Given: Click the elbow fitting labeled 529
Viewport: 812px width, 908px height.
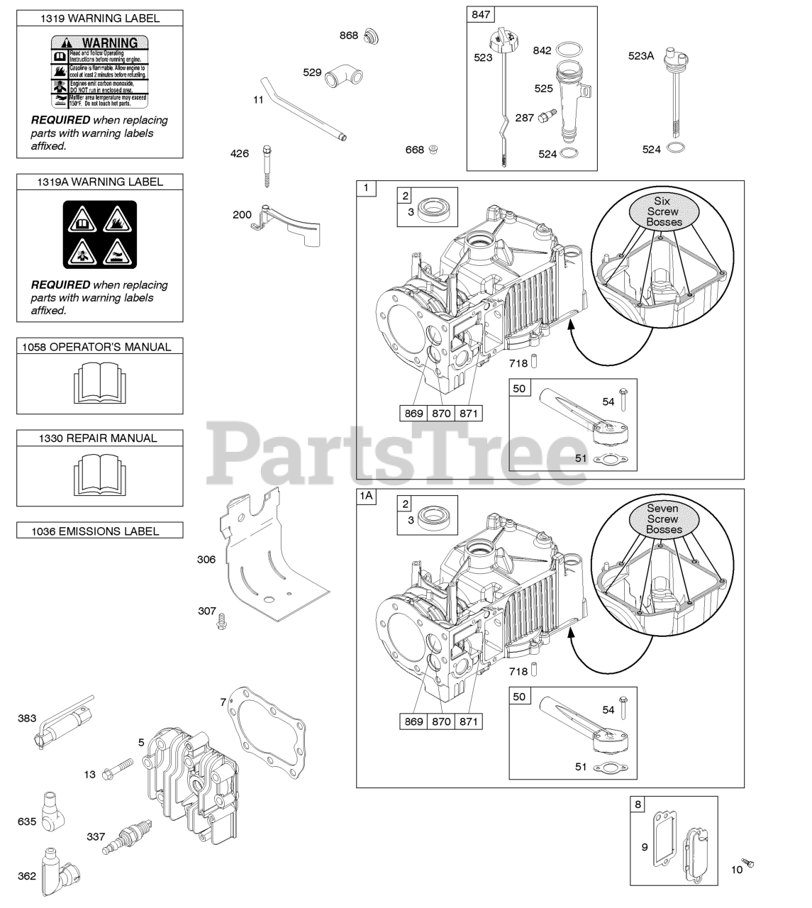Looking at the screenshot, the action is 340,76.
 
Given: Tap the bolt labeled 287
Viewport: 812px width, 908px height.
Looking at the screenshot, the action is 546,117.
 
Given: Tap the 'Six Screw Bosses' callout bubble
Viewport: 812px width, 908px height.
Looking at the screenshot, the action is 664,211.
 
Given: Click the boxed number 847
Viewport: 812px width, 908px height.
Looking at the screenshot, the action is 480,14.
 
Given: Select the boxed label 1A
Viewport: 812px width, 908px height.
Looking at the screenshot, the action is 366,497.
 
